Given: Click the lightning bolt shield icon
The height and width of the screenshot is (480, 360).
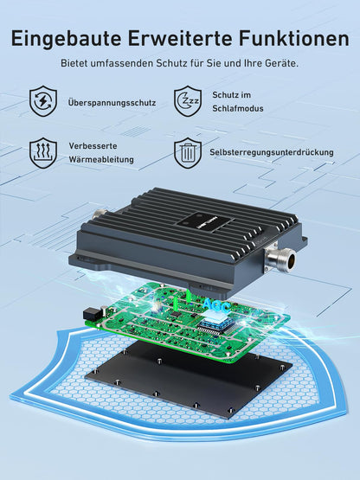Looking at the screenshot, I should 42,101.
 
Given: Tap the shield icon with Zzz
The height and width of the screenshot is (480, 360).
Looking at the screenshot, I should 188,100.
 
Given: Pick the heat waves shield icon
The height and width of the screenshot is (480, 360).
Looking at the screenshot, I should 42,152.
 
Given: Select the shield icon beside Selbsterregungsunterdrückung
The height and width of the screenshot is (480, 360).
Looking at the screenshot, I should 188,152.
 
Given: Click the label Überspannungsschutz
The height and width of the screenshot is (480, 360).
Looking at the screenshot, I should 112,103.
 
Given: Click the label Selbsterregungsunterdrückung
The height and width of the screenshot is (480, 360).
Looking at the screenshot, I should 271,152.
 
